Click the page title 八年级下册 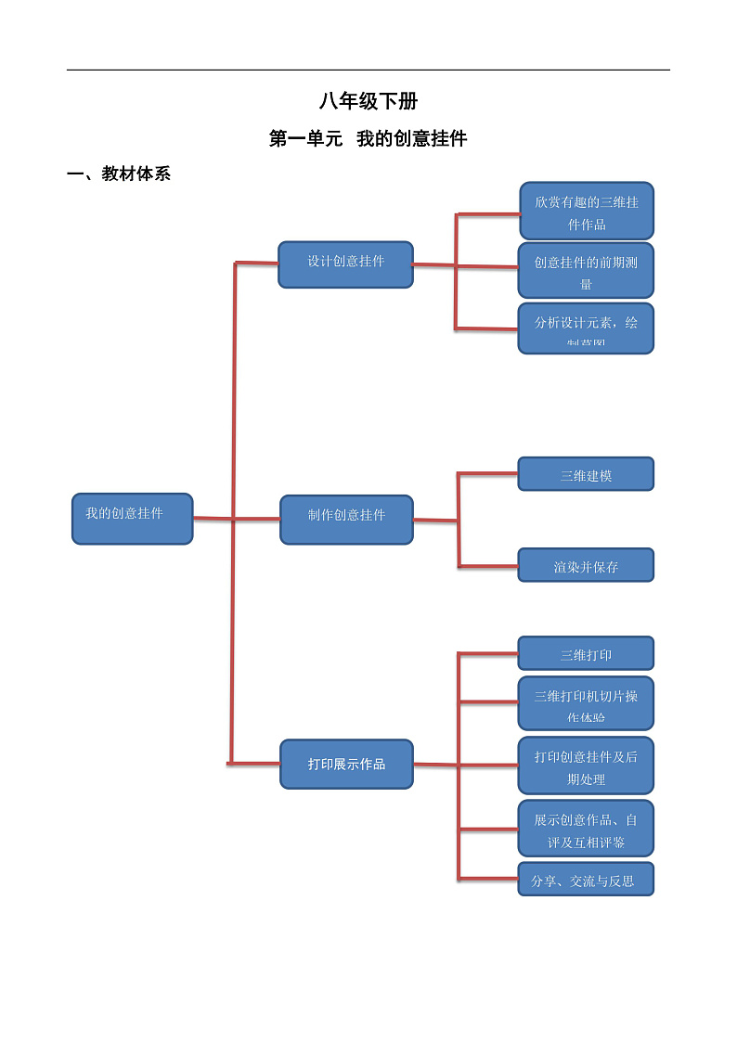[x=368, y=102]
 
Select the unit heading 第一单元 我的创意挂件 [x=368, y=139]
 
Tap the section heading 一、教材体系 [x=119, y=174]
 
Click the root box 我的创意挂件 [x=132, y=518]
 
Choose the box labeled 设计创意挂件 [x=345, y=264]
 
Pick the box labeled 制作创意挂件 [x=346, y=519]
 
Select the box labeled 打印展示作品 [x=346, y=764]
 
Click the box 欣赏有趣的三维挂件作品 [x=586, y=212]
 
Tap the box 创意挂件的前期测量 [x=586, y=270]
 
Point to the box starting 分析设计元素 [x=586, y=328]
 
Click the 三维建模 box [x=586, y=474]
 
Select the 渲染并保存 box [x=586, y=565]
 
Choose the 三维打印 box [x=586, y=653]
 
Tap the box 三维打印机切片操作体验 [x=586, y=703]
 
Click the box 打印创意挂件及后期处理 [x=586, y=765]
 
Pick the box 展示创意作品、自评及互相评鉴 [x=586, y=829]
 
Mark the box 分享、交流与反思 [x=586, y=879]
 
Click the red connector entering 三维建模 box [x=487, y=474]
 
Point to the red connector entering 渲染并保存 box [x=487, y=565]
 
